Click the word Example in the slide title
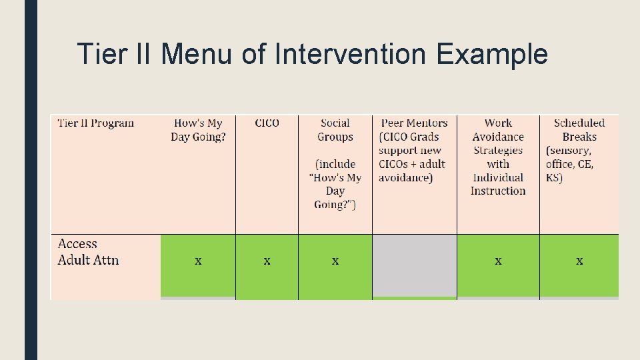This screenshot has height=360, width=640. coord(492,54)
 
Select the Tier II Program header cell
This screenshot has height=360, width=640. coord(96,123)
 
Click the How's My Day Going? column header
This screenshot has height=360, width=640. coord(199,130)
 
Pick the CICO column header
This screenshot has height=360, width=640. coord(267,123)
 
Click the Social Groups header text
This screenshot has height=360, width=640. coord(335,130)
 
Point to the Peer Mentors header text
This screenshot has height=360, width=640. coord(414,123)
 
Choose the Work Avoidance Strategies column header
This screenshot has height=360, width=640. coord(498,137)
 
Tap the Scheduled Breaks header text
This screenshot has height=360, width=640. coord(579,130)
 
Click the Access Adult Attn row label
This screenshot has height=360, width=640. coord(88,252)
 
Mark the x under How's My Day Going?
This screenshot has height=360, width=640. coord(198,261)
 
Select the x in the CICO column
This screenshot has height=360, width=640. coord(267,261)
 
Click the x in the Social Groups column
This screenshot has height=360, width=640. coord(335,261)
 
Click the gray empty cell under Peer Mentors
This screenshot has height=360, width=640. coord(414,265)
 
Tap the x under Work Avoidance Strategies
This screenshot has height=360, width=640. coord(498,261)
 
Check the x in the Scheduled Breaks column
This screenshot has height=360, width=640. coord(579,261)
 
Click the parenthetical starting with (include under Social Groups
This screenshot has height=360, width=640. coord(335,184)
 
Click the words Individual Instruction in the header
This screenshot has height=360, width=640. coord(498,184)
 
